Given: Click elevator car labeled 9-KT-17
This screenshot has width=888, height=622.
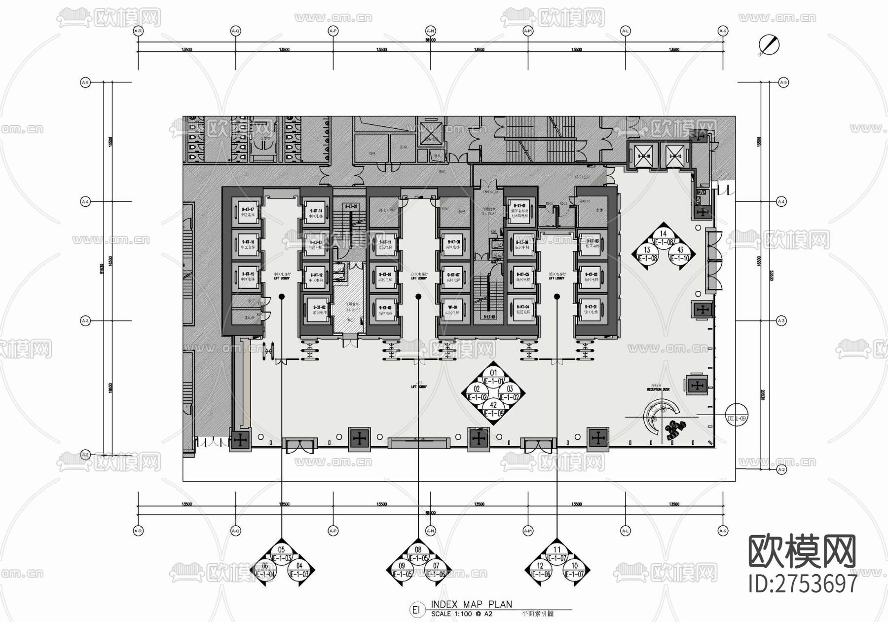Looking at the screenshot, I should (x=247, y=212).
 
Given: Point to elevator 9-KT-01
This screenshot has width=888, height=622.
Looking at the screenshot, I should (x=591, y=310).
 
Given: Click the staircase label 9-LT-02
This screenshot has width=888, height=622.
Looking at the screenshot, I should (x=351, y=206).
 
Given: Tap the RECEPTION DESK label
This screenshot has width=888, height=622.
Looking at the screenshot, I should (x=658, y=389).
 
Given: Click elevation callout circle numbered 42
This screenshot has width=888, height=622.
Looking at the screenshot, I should (x=493, y=409).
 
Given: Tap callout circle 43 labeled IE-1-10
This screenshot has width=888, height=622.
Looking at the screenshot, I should (x=680, y=254).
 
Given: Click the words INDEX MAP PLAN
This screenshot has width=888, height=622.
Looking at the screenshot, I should (x=471, y=604).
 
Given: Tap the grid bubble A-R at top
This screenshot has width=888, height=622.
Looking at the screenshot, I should (x=138, y=31).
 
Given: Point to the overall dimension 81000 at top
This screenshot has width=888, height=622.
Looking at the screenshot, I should (x=430, y=40).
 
